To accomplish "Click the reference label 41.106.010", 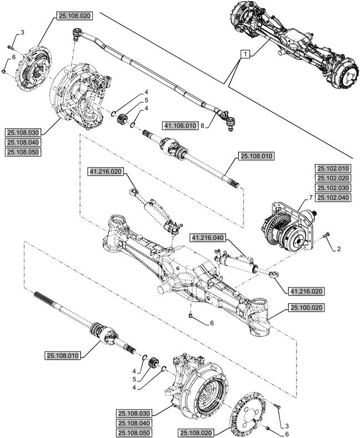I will [x=181, y=125].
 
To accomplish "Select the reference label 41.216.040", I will [x=207, y=238].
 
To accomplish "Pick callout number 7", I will [x=309, y=198].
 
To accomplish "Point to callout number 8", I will [x=204, y=126].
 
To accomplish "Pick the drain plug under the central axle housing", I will [x=191, y=315].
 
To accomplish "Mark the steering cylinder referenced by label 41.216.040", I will [x=236, y=259].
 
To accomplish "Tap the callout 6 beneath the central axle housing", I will [x=212, y=323].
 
